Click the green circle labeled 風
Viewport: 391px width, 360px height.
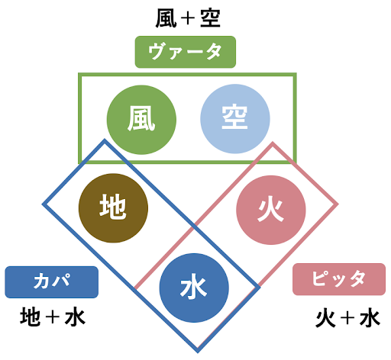141,120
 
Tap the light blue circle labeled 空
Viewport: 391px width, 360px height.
235,119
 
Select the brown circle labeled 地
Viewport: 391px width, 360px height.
113,208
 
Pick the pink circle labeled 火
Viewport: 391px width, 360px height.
271,210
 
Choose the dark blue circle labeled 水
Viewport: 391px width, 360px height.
194,288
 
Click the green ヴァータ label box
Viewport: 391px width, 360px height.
186,52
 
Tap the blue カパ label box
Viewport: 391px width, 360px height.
52,282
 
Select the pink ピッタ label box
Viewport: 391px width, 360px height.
339,279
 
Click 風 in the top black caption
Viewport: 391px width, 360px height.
166,18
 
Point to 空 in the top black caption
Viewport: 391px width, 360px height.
210,18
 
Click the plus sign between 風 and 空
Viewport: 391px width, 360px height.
188,18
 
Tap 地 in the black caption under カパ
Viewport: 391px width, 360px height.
31,317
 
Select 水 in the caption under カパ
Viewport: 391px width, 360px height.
75,317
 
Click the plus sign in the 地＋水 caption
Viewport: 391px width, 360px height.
52,317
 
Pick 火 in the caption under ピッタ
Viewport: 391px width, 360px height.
325,317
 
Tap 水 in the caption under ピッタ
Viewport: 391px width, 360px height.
370,317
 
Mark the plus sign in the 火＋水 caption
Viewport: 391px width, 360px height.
347,318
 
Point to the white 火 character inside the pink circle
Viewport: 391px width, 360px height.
270,210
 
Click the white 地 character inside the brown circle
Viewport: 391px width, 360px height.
113,207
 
